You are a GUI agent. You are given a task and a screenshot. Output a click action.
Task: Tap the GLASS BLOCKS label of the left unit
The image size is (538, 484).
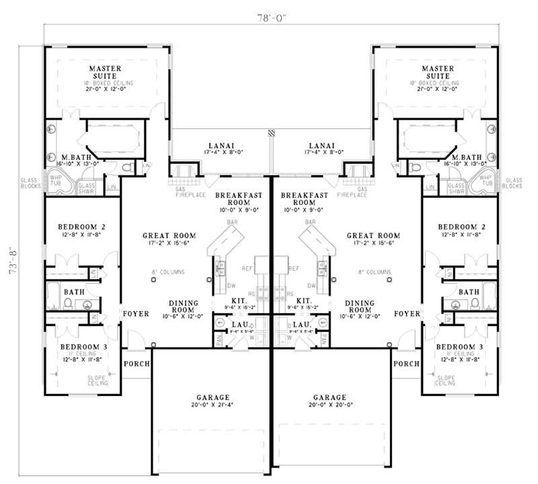pos(30,185)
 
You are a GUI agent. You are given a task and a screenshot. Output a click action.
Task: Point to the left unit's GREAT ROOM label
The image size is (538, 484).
pos(163,236)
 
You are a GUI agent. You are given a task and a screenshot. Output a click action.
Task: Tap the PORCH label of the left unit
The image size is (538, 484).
pos(135,364)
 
